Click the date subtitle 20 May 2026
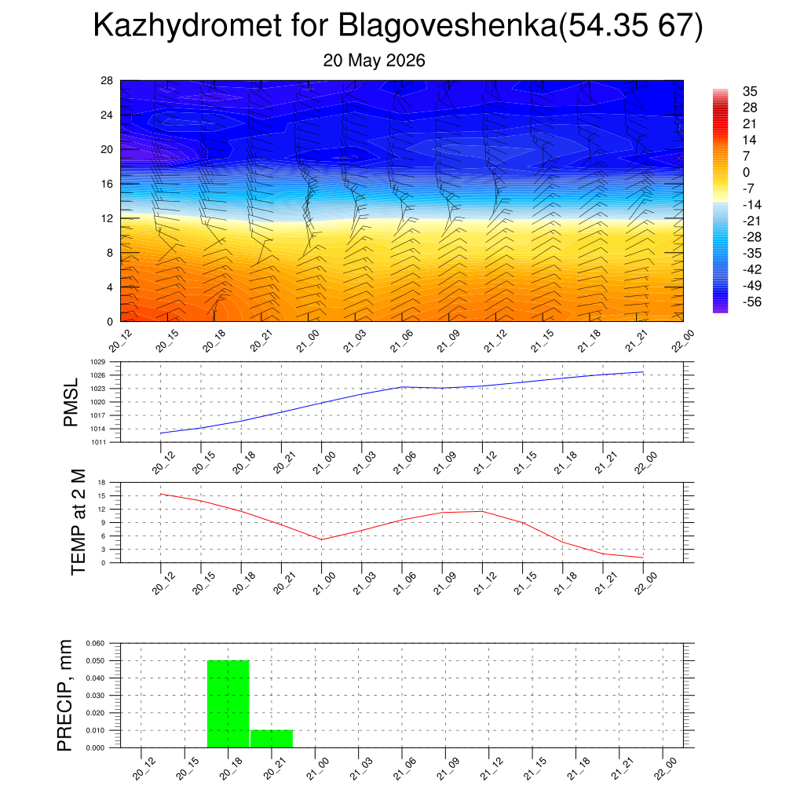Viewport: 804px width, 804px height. tap(374, 60)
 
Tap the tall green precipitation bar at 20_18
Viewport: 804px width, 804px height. tap(228, 704)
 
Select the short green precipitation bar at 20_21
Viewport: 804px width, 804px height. tap(272, 739)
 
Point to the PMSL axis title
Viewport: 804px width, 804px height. tap(71, 403)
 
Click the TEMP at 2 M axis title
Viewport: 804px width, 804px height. tap(78, 522)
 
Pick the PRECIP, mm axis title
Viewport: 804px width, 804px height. tap(64, 696)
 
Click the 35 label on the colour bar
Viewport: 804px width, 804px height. tap(750, 91)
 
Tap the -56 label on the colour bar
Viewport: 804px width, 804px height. tap(752, 301)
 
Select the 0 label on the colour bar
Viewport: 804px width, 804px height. tap(746, 172)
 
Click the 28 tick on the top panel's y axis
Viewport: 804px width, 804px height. tap(107, 81)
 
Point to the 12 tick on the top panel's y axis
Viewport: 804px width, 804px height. tap(107, 218)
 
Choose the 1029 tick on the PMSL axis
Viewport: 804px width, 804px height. tap(98, 362)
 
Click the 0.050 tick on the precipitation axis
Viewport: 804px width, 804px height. tap(95, 661)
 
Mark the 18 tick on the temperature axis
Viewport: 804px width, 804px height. tap(101, 483)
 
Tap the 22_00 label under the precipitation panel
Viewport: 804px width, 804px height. tap(666, 769)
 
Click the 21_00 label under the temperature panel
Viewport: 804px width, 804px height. tap(324, 583)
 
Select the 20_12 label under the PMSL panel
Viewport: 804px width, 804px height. tap(163, 462)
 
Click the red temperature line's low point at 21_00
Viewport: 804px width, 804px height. tap(321, 539)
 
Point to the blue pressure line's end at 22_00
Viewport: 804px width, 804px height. tap(643, 372)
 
